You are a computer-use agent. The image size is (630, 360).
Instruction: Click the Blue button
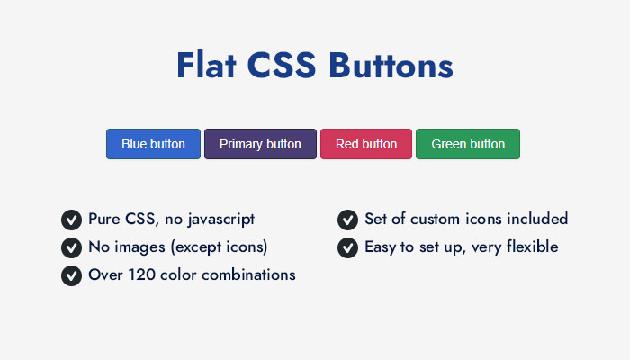tap(153, 144)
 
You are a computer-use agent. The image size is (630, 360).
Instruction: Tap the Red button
tap(366, 144)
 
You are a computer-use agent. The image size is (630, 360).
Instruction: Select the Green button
tap(468, 144)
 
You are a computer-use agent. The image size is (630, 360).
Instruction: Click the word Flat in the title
tap(206, 65)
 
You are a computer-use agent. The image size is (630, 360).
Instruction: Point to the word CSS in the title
tap(281, 65)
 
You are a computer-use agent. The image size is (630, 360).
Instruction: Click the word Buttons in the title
tap(391, 65)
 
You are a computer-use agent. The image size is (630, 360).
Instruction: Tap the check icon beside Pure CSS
tap(71, 220)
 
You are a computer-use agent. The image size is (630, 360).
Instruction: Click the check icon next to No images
tap(71, 247)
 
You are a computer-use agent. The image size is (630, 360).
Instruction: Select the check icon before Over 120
tap(71, 275)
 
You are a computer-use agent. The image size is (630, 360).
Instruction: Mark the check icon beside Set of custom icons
tap(348, 220)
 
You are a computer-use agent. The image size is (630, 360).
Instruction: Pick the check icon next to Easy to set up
tap(348, 247)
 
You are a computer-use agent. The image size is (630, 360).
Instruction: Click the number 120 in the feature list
tap(142, 274)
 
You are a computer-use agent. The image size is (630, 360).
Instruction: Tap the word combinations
tap(248, 274)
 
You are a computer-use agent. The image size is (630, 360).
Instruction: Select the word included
tap(537, 219)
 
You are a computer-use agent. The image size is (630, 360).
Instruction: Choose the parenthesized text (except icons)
tap(220, 247)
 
